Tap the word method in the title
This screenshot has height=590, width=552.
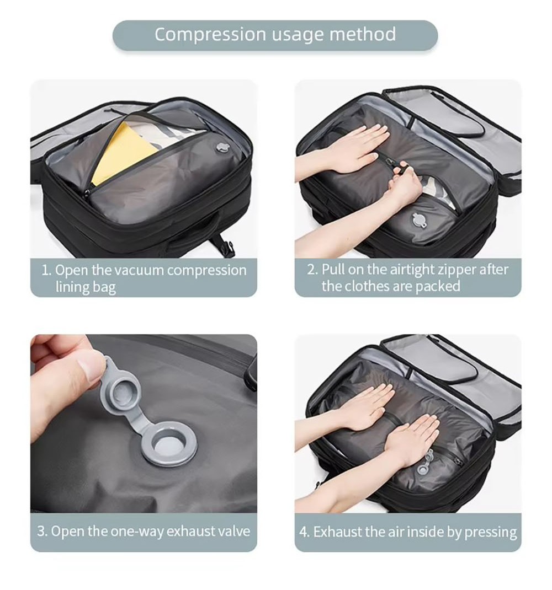[363, 35]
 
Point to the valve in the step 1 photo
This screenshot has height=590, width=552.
[223, 147]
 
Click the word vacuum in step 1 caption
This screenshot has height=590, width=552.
[138, 271]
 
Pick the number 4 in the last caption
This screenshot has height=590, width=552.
[304, 533]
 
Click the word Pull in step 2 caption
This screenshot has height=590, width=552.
[333, 270]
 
